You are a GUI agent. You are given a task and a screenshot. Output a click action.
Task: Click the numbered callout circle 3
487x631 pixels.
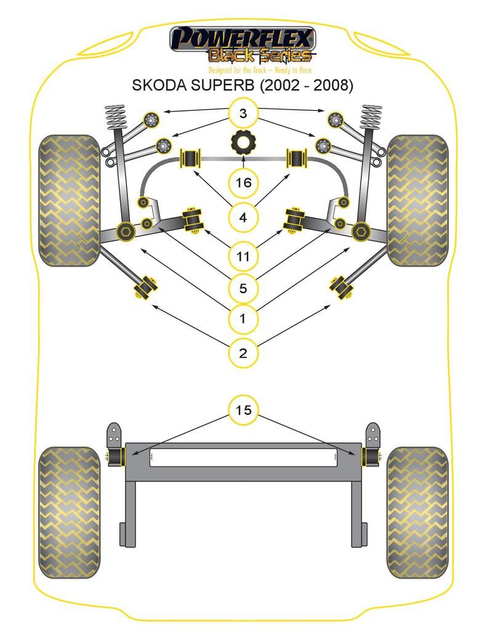243,113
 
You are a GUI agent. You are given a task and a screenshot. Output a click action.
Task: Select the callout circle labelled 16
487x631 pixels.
243,182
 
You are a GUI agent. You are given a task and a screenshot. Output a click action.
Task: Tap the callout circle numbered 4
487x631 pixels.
243,218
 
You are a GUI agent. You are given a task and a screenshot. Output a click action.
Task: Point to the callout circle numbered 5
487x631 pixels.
243,288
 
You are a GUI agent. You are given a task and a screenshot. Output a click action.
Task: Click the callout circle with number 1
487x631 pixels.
243,319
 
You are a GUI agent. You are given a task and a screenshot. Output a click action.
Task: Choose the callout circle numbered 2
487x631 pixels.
243,353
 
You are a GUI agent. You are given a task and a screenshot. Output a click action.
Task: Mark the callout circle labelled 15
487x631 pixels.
243,410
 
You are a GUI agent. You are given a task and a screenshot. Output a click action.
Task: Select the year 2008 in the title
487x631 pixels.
333,86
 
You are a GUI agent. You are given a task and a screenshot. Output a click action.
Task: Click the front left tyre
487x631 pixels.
68,201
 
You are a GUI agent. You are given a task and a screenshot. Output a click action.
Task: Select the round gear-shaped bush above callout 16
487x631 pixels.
244,142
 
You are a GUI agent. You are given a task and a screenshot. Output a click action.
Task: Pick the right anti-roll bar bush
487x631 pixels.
298,158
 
